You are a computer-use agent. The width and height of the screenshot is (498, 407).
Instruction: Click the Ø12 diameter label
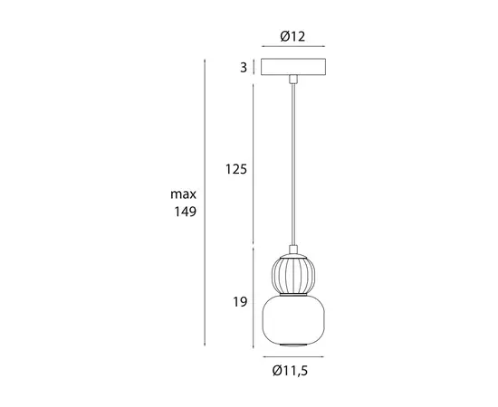tap(292, 36)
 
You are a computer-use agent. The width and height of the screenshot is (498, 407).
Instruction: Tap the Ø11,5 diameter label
tap(292, 370)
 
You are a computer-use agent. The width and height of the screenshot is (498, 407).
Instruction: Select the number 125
tap(236, 169)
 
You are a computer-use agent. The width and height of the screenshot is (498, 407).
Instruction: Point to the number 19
tap(240, 302)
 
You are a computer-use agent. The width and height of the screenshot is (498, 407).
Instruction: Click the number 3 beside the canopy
tap(244, 67)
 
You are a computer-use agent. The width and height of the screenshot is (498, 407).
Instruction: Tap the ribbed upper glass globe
tap(292, 272)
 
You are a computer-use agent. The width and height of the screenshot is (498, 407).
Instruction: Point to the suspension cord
tap(292, 163)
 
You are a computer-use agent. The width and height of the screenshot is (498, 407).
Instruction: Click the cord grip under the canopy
tap(292, 80)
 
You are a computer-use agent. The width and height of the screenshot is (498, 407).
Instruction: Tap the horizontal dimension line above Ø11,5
tap(292, 357)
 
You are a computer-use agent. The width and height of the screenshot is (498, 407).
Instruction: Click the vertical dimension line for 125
tap(253, 163)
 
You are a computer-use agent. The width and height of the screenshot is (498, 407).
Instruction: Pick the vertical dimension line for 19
tap(253, 298)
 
